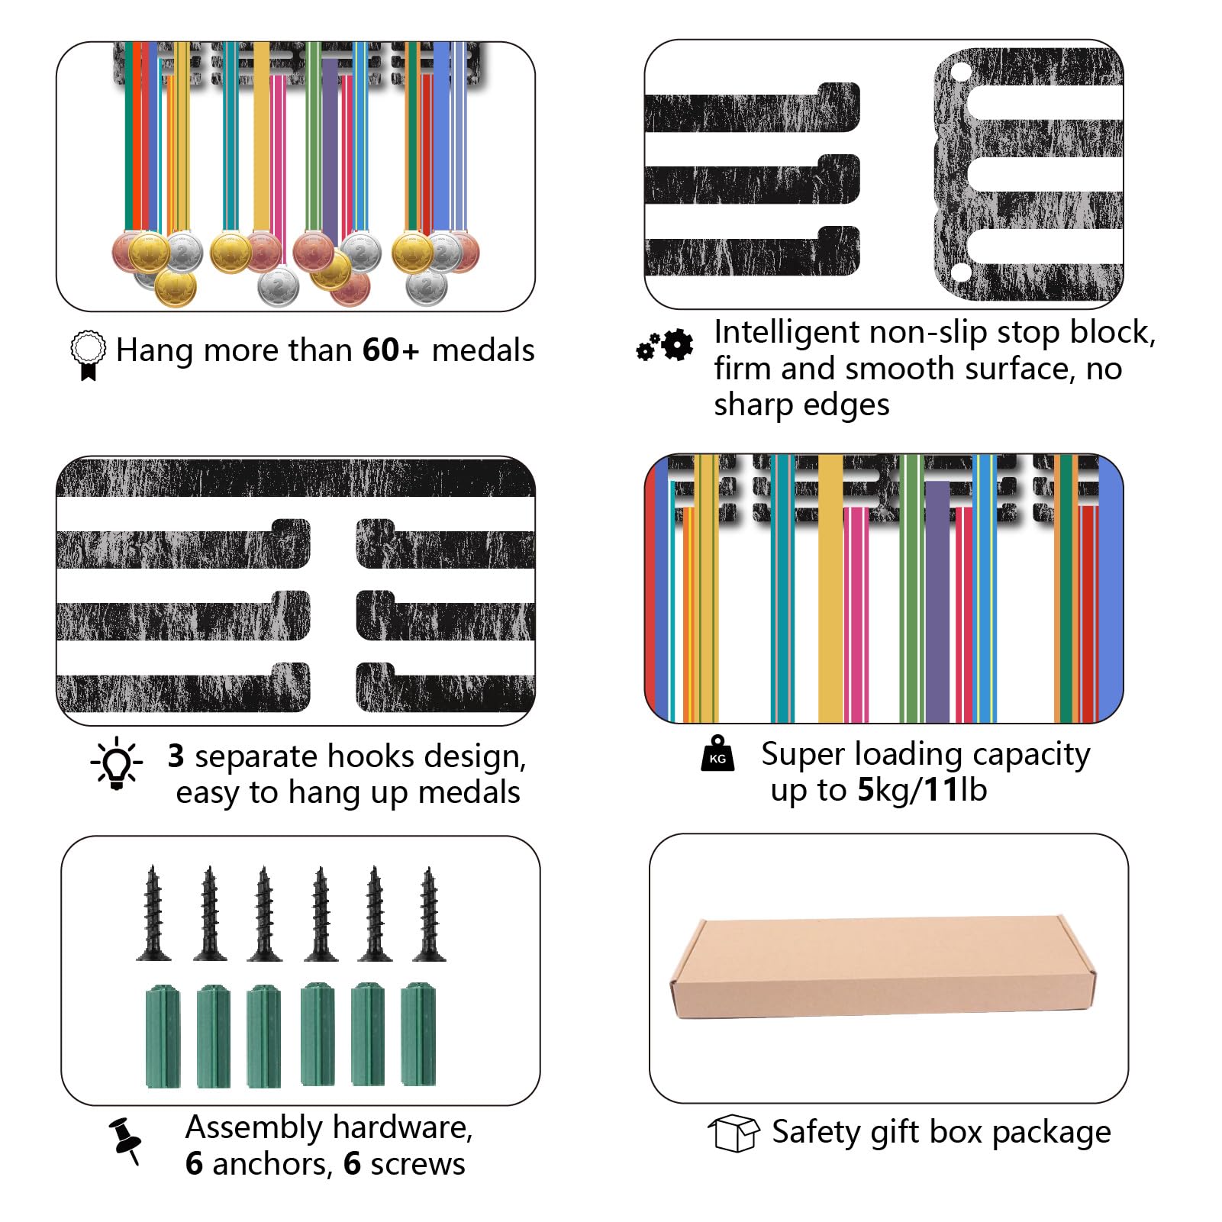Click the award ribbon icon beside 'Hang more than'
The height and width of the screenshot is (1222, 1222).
tap(88, 355)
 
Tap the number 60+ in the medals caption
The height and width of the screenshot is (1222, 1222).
tap(391, 350)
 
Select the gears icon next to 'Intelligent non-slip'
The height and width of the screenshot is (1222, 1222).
tap(665, 346)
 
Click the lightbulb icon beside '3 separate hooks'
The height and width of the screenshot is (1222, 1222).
tap(117, 763)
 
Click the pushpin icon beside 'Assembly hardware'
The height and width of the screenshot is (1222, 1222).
tap(125, 1141)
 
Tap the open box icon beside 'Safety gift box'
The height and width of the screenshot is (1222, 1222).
tap(734, 1133)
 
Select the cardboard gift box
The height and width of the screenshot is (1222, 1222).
tap(883, 966)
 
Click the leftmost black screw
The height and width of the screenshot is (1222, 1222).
tap(153, 913)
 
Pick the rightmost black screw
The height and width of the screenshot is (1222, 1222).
tap(429, 914)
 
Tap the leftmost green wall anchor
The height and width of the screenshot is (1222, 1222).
tap(163, 1036)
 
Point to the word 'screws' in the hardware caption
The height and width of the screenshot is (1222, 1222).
tap(418, 1164)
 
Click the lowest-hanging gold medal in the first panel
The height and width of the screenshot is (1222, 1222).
tap(175, 287)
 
